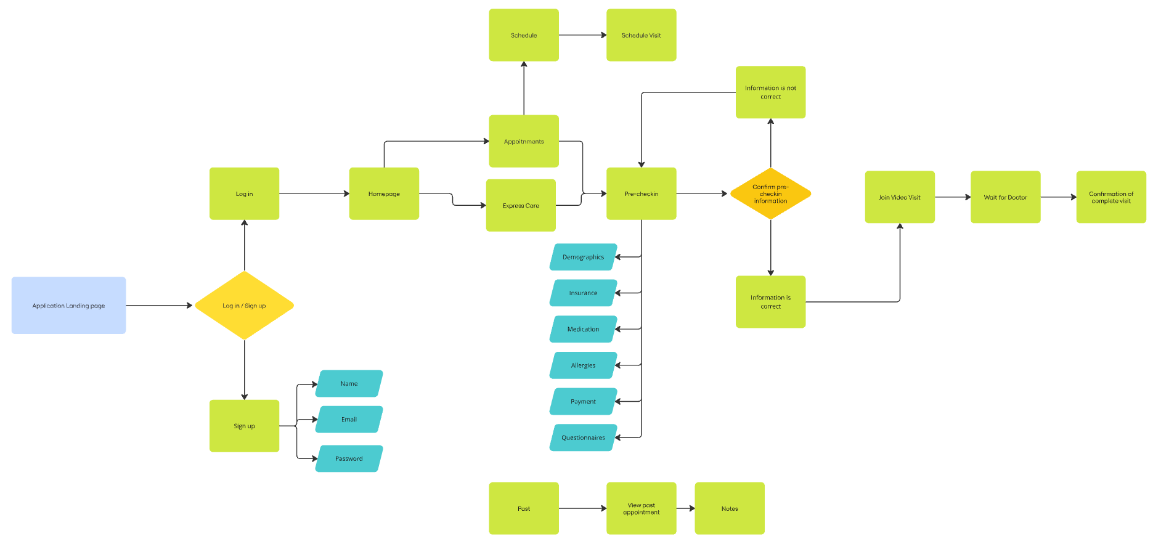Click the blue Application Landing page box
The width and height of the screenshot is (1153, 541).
tap(68, 306)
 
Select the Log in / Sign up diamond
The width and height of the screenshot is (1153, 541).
tap(244, 306)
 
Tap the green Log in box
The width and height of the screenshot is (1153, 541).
tap(244, 193)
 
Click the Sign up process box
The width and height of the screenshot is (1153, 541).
tap(244, 426)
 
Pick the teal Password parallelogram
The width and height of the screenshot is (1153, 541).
tap(349, 458)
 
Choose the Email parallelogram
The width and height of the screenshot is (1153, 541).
tap(349, 420)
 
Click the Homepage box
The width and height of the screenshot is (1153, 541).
tap(384, 193)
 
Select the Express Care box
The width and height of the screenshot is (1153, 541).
tap(521, 206)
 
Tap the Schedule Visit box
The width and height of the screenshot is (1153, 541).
tap(641, 35)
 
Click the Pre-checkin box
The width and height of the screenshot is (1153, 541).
tap(641, 193)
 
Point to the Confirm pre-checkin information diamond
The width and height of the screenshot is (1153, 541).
tap(770, 193)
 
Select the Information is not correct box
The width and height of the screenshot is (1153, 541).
tap(770, 92)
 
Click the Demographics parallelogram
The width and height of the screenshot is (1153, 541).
tap(583, 257)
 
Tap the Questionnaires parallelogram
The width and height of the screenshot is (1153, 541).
tap(583, 437)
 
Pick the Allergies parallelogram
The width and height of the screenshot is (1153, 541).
tap(583, 365)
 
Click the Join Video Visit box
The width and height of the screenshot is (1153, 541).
tap(900, 197)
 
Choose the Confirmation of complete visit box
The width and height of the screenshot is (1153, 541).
tap(1111, 197)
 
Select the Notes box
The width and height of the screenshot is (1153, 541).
tap(730, 508)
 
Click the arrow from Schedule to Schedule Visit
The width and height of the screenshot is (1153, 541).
tap(582, 35)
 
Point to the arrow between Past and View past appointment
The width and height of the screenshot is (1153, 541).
tap(582, 508)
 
